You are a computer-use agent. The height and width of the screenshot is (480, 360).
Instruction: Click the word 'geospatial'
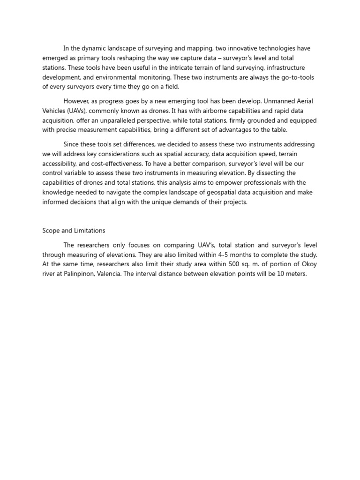pyautogui.click(x=216, y=192)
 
